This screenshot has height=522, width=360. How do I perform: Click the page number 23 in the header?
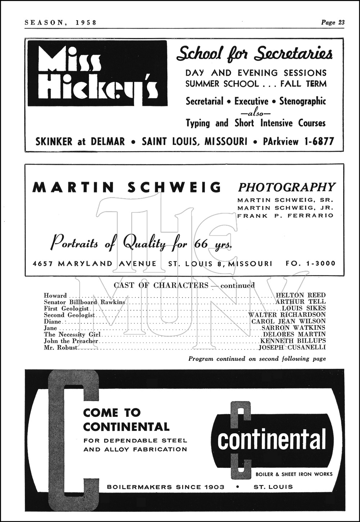click(341, 22)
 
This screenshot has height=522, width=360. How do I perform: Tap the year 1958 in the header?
click(86, 22)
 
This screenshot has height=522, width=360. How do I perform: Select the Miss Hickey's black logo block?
click(97, 73)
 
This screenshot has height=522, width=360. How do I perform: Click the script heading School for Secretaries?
click(254, 54)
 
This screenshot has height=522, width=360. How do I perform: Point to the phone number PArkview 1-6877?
click(298, 141)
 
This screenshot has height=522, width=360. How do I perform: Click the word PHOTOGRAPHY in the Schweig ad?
click(287, 187)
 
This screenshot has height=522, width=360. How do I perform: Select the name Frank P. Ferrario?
click(285, 215)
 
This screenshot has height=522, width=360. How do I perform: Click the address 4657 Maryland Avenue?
click(95, 263)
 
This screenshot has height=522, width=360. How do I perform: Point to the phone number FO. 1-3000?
click(310, 263)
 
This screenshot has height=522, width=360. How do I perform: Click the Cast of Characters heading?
click(161, 285)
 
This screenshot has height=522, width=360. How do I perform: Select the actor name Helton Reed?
click(301, 295)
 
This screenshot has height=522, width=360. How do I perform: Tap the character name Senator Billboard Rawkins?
click(84, 302)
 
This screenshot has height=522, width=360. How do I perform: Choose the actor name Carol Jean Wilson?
click(288, 321)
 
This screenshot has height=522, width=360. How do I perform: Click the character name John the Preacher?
click(71, 341)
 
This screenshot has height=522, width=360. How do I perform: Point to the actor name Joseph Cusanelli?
click(292, 347)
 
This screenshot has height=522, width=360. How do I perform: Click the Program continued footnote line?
click(257, 359)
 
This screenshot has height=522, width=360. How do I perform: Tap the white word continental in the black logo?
click(271, 439)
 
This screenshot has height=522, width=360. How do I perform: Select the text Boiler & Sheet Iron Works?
click(294, 474)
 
